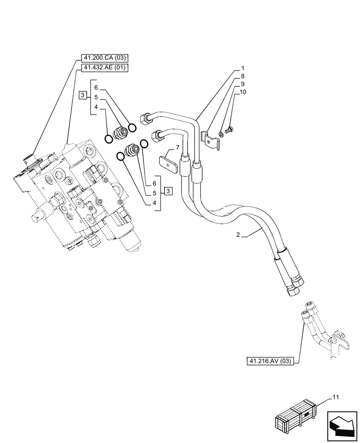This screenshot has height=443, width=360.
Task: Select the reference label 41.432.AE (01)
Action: (104, 67)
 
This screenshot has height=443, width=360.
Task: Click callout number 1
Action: (243, 69)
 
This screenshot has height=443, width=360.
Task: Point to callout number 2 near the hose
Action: (238, 235)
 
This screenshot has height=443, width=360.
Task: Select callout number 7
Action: (177, 147)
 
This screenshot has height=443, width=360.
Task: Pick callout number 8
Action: (243, 76)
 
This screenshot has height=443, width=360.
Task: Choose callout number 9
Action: (243, 84)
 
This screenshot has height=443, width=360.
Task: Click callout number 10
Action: (243, 92)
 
